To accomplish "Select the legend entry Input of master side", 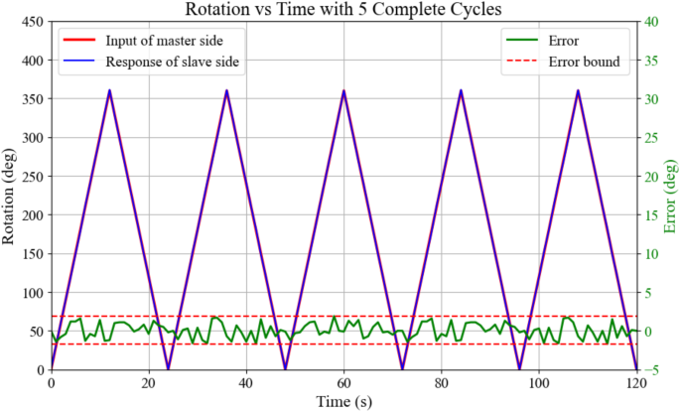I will click(x=158, y=42).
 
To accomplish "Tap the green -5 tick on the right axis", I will click(x=655, y=370).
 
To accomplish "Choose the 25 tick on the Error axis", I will click(x=655, y=138).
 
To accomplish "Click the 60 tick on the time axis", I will click(x=343, y=384).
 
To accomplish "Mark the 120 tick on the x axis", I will click(x=636, y=384).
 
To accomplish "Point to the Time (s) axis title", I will click(x=343, y=402).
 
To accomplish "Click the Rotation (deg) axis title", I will click(x=9, y=196).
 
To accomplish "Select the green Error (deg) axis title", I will click(x=670, y=196).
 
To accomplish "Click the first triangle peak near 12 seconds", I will click(x=109, y=90).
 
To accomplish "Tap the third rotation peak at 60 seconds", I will click(x=343, y=90).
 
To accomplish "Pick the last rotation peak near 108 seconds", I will click(x=578, y=90).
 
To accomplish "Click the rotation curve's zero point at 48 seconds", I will click(x=285, y=369).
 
